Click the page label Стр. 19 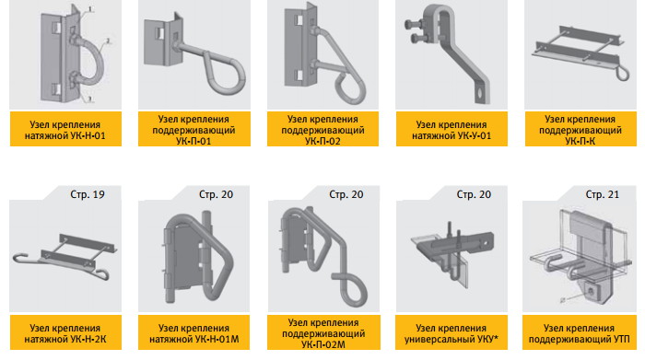(x=88, y=194)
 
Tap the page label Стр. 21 (x=603, y=194)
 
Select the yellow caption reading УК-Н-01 (x=65, y=129)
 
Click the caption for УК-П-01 (x=194, y=129)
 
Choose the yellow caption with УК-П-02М (x=323, y=332)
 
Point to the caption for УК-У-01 (x=451, y=129)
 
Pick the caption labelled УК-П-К (x=580, y=129)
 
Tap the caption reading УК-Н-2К (x=65, y=332)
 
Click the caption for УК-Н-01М (x=194, y=332)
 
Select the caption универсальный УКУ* (x=451, y=332)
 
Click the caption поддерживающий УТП (x=580, y=332)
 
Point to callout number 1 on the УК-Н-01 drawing (x=91, y=9)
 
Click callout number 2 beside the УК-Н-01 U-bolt (x=108, y=41)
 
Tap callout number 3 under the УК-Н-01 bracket (x=91, y=98)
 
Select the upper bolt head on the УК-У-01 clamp (x=411, y=24)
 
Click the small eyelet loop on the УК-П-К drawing (x=622, y=75)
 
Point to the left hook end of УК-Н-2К (x=19, y=257)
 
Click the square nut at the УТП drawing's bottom (x=592, y=291)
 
